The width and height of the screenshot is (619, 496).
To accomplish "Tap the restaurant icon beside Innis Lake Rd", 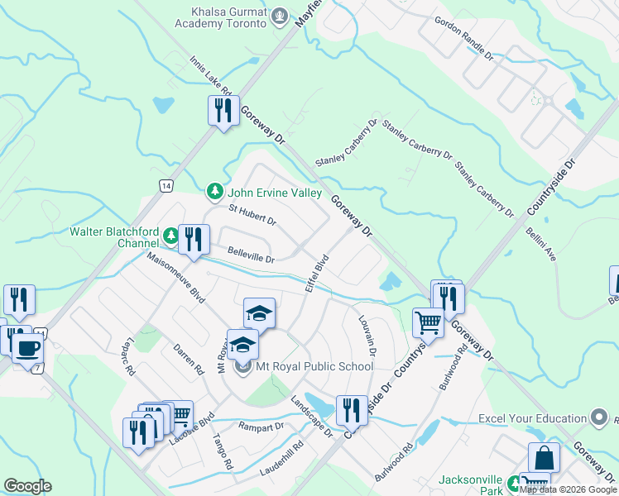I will coord(223,111).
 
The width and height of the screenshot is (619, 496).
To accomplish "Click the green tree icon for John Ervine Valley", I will coord(214,193).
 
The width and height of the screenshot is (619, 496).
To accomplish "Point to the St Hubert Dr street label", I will coord(252,216).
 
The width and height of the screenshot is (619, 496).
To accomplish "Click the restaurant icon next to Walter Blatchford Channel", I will coord(194,240).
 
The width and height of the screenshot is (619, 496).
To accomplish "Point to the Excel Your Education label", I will coord(532,419).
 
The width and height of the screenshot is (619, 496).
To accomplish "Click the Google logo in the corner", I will coord(27,485).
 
